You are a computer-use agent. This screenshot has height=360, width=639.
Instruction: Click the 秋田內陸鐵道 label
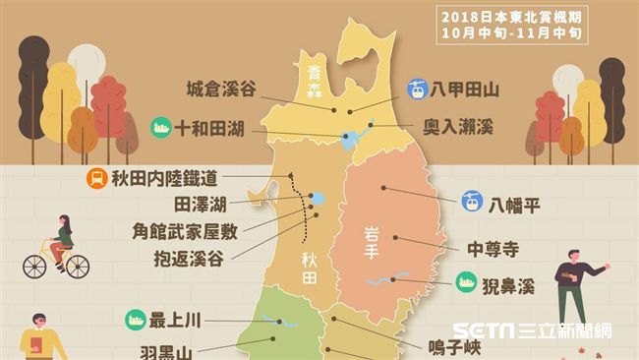(x=164, y=178)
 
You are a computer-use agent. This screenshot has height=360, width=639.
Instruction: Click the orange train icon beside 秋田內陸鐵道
(x=96, y=178)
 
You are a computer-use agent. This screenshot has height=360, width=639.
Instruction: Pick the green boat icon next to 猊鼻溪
(x=464, y=286)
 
